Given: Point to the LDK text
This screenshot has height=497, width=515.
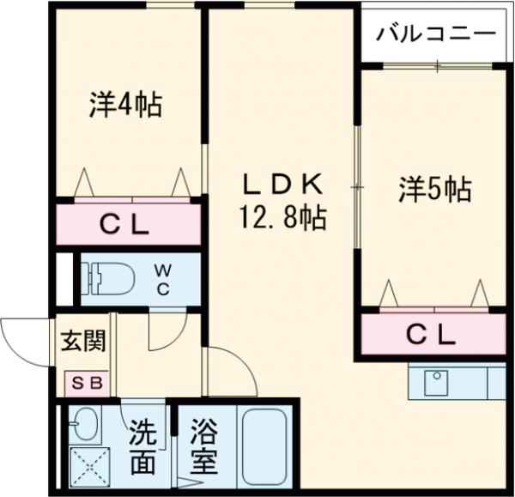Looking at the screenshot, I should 282,184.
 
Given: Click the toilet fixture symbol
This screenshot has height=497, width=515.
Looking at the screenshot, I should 106,278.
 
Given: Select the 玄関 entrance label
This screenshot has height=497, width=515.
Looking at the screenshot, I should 83,341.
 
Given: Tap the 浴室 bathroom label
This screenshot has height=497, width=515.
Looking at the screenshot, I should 203,447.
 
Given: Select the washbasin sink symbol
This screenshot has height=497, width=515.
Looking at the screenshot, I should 84,423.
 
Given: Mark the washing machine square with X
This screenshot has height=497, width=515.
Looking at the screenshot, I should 84,469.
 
